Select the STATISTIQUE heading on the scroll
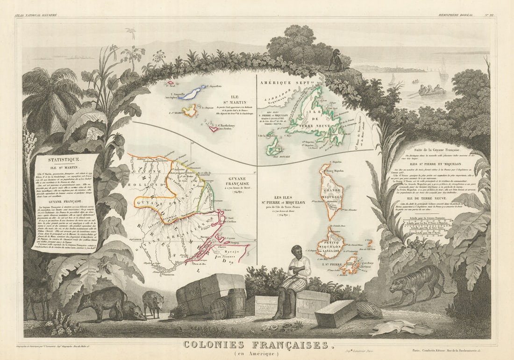59,159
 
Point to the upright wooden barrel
236,302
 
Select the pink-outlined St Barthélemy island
214,128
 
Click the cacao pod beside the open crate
369,310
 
